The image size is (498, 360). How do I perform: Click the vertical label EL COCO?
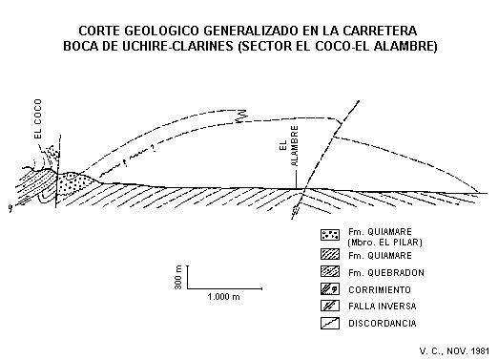38,123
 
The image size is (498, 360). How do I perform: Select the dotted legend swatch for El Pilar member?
331,234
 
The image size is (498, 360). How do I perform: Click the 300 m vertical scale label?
178,278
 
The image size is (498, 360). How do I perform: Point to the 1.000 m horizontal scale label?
222,297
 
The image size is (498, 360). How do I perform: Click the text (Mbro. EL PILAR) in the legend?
385,243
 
